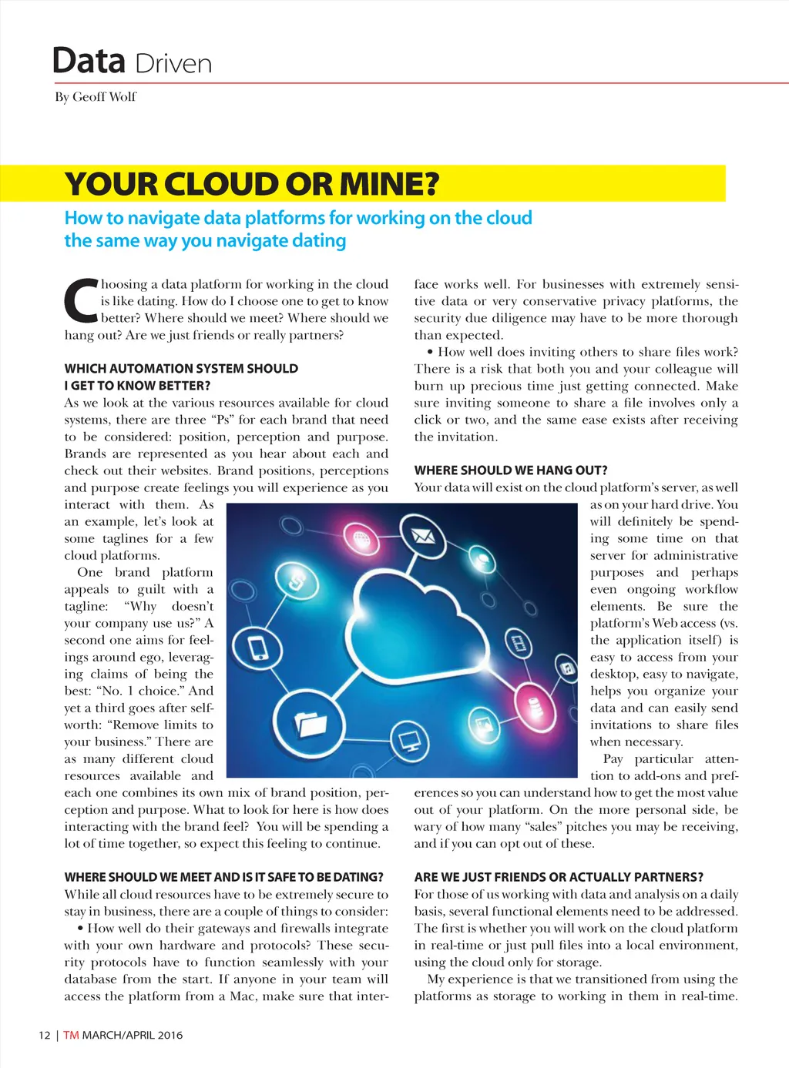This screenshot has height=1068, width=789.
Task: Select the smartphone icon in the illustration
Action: [259, 649]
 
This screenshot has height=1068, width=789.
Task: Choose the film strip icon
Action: [520, 642]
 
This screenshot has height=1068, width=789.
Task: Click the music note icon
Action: [567, 668]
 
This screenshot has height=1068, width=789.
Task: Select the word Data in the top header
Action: [89, 61]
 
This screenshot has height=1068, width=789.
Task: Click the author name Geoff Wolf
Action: [104, 97]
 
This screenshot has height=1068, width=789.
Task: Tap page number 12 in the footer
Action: [45, 1035]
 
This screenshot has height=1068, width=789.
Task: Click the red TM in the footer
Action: [71, 1035]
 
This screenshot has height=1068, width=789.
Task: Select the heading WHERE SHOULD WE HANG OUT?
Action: [511, 470]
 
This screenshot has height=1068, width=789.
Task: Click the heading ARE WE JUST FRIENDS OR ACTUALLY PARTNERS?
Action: [559, 877]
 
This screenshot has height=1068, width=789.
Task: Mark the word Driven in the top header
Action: [173, 64]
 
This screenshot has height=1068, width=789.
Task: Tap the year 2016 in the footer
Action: [170, 1035]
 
